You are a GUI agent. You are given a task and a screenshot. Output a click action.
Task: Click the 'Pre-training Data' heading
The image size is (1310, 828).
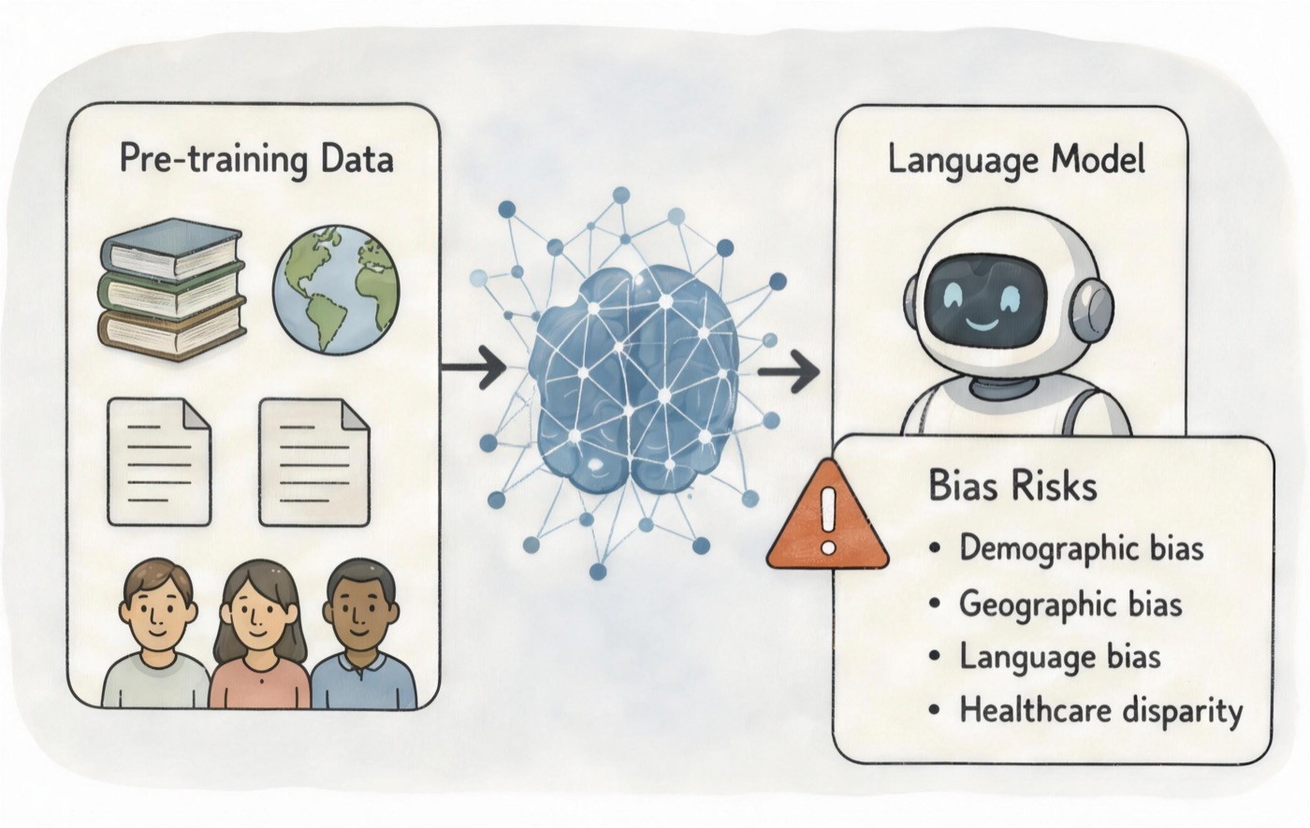pyautogui.click(x=256, y=160)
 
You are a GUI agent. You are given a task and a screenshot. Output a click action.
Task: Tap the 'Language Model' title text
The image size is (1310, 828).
pyautogui.click(x=1016, y=161)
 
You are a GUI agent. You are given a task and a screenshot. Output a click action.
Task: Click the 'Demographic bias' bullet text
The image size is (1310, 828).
pyautogui.click(x=1082, y=549)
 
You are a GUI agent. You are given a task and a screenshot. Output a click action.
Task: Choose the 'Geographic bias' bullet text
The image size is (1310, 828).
pyautogui.click(x=1070, y=604)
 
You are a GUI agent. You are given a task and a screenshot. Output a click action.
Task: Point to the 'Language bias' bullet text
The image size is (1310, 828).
pyautogui.click(x=1059, y=657)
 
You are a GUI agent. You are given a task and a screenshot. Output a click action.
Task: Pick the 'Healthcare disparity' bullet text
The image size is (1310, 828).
pyautogui.click(x=1101, y=712)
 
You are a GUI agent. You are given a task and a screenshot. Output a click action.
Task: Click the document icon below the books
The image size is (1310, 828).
pyautogui.click(x=159, y=462)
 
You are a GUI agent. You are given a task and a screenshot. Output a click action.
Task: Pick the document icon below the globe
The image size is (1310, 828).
pyautogui.click(x=314, y=462)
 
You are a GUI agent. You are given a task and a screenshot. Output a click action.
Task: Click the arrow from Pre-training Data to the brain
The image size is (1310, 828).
pyautogui.click(x=473, y=367)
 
